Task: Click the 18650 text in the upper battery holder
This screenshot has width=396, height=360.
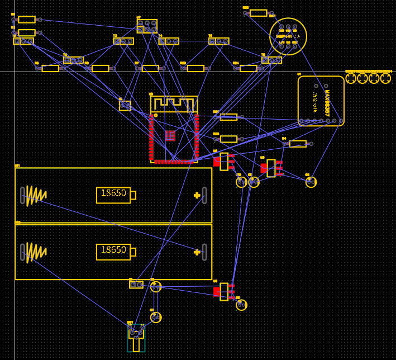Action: point(113,194)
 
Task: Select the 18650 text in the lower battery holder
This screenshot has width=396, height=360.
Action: point(113,250)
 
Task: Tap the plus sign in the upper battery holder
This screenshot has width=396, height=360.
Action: point(197,195)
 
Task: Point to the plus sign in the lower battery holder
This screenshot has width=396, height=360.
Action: point(197,252)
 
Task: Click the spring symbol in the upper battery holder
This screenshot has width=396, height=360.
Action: point(35,195)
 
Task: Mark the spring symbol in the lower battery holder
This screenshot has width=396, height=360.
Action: point(35,252)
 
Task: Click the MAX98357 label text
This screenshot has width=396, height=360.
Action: point(327,103)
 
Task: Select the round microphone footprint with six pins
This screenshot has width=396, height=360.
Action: point(288,36)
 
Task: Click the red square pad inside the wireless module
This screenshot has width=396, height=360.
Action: point(170,135)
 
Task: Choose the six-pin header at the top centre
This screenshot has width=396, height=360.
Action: point(147,26)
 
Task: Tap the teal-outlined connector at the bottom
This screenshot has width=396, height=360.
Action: point(136,339)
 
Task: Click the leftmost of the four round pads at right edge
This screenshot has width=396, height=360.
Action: point(351,78)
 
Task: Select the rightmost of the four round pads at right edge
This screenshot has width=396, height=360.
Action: point(386,78)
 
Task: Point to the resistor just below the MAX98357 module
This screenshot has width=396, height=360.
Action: point(298,144)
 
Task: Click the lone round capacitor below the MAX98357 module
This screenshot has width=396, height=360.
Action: point(311,182)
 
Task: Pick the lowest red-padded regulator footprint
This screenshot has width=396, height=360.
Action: point(223,291)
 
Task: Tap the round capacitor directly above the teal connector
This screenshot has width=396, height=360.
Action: point(156,318)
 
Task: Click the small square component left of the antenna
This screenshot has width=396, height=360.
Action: point(125,106)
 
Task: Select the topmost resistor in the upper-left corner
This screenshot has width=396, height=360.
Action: point(26,20)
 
